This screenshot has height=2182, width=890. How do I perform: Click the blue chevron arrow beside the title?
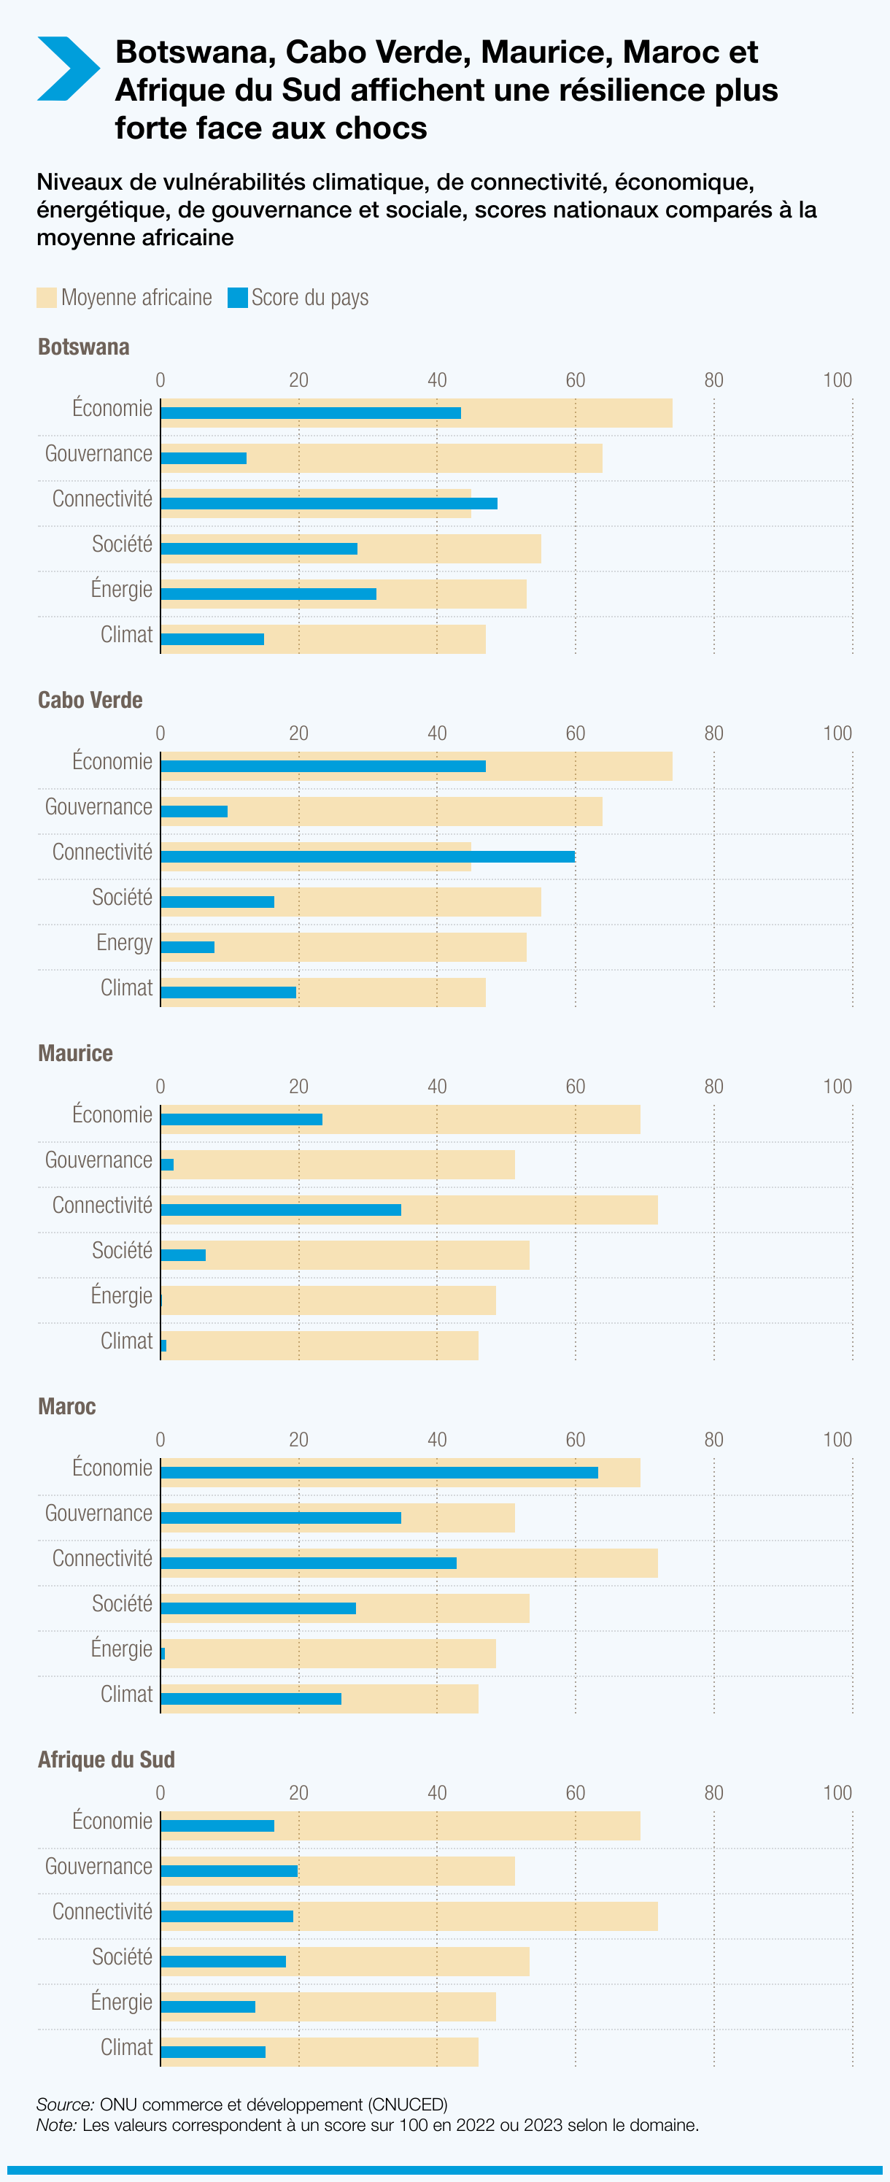(x=68, y=69)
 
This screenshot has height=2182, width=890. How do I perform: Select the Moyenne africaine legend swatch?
(x=47, y=297)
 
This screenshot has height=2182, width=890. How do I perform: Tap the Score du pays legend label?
(x=309, y=297)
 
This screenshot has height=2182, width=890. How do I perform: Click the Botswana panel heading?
(x=84, y=347)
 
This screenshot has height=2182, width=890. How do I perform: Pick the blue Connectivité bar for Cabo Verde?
(x=368, y=856)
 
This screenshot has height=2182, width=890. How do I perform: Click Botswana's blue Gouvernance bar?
(x=204, y=458)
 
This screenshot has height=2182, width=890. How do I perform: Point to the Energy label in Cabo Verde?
(x=125, y=942)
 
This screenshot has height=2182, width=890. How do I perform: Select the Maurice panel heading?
(x=75, y=1053)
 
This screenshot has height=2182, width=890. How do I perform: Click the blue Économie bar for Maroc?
(x=379, y=1472)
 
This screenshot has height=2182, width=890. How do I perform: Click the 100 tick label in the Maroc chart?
(x=837, y=1439)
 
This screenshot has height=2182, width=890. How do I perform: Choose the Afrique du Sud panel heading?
(x=106, y=1759)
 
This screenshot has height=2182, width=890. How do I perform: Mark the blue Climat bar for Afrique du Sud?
(x=212, y=2051)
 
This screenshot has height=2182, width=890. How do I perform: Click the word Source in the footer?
(x=65, y=2104)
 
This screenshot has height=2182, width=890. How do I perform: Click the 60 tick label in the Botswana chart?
(x=575, y=379)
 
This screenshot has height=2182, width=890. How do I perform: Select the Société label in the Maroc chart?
(x=122, y=1603)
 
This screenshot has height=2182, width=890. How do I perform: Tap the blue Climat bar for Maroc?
(x=251, y=1698)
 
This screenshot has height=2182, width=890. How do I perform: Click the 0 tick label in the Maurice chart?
(x=160, y=1086)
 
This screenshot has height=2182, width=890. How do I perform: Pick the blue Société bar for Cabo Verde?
(x=217, y=901)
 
